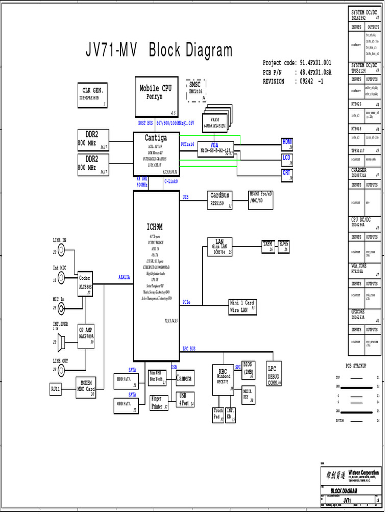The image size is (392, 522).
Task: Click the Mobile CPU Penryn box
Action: (155, 95)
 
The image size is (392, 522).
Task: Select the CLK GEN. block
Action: (93, 94)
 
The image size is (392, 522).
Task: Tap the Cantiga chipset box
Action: (155, 153)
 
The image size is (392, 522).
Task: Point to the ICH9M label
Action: (155, 226)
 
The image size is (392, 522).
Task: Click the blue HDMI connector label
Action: (287, 142)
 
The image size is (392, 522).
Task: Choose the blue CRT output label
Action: (287, 173)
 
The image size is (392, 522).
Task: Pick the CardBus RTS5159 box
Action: (220, 200)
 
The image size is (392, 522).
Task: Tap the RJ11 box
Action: (55, 389)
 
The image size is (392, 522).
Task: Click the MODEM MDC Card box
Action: (86, 387)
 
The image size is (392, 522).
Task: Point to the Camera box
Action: (184, 378)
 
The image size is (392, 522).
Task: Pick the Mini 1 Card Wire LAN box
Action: (242, 306)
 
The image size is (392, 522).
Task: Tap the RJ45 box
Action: (284, 246)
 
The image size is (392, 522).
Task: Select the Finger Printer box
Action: (159, 403)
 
